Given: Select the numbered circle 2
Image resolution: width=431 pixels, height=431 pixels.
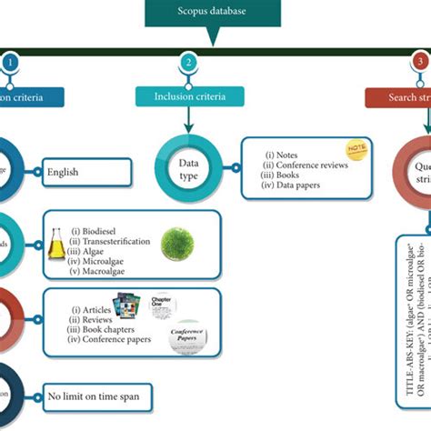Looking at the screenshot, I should [x=186, y=63].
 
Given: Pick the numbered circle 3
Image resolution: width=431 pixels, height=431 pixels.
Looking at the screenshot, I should [x=419, y=63].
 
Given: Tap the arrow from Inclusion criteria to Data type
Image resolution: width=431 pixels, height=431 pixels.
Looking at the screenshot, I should [x=186, y=123].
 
